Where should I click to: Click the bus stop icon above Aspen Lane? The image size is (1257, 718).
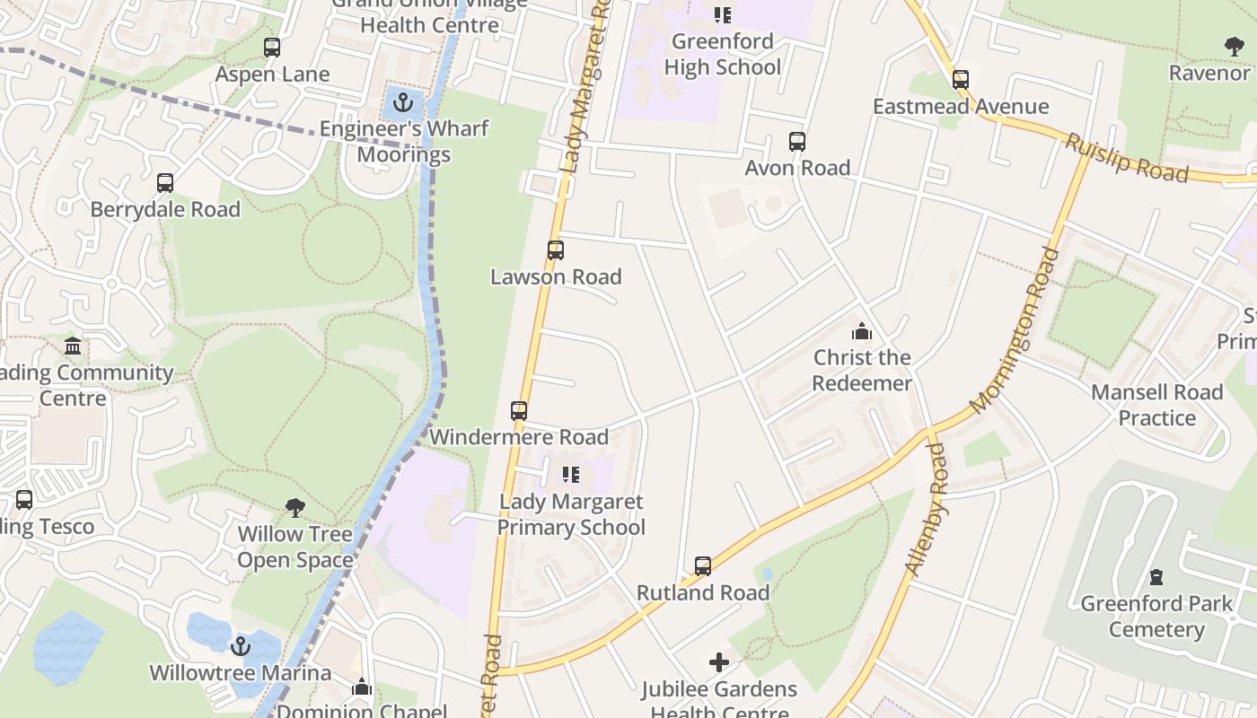coord(271,48)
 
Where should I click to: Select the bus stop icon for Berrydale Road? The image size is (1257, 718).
coord(165,183)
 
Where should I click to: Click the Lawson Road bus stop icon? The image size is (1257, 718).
coord(556,250)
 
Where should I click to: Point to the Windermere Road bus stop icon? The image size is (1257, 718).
coord(519,411)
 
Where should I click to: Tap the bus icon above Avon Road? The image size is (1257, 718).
coord(797,141)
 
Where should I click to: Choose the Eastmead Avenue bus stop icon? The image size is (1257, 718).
coord(961,80)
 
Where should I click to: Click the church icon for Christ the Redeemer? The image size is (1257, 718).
coord(862,331)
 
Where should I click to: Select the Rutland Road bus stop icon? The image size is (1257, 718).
coord(703,566)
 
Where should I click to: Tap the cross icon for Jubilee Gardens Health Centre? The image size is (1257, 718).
coord(719,663)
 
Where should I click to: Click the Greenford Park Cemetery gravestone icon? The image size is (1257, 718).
coord(1156,577)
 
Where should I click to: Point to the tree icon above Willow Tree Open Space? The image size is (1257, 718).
coord(294,508)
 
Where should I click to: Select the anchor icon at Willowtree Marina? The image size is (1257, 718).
coord(240,646)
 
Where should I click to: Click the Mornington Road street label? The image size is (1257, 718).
coord(1015,330)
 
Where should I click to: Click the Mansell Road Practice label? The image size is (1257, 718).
coord(1156,405)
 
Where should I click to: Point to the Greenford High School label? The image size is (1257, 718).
coord(723,54)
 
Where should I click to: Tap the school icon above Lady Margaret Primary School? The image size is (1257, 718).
coord(571,475)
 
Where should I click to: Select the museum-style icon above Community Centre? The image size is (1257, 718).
coord(73,346)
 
